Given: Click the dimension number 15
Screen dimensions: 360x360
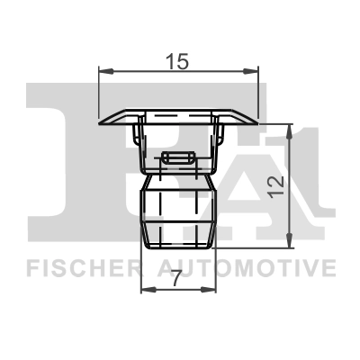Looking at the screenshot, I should (x=176, y=61).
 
